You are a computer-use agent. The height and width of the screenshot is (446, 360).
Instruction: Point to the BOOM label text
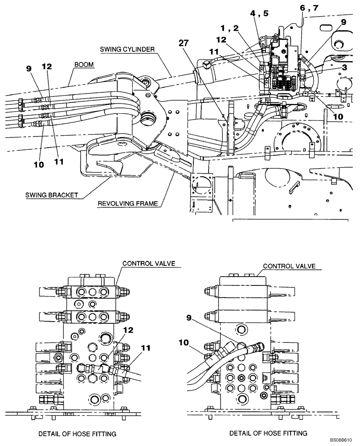click(x=84, y=65)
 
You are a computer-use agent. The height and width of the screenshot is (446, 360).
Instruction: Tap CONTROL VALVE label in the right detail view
click(x=289, y=266)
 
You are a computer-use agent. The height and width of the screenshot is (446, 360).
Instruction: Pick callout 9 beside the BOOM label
click(x=29, y=69)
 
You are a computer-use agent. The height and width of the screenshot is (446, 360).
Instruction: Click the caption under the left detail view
click(x=78, y=434)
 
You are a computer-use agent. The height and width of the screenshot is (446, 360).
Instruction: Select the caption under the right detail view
click(x=269, y=433)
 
